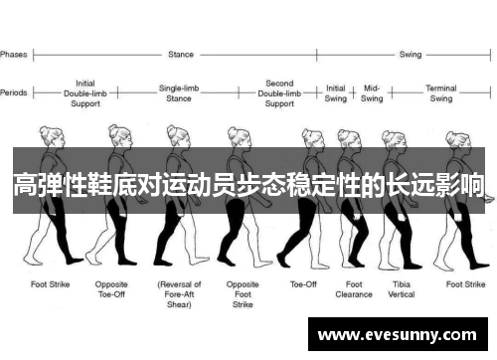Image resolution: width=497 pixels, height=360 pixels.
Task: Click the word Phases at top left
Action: tap(14, 54)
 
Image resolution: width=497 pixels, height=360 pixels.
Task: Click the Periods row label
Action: tap(14, 92)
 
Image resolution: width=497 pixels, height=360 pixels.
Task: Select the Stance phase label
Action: tap(182, 54)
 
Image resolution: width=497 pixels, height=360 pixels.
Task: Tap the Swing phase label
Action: tap(410, 54)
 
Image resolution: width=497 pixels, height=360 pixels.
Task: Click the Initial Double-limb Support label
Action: tap(86, 92)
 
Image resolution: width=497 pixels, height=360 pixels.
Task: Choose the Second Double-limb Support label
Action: tap(279, 92)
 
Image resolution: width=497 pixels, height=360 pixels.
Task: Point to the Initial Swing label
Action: tap(336, 92)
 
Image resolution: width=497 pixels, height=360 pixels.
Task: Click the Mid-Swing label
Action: tap(372, 92)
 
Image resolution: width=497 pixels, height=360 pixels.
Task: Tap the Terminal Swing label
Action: tap(440, 92)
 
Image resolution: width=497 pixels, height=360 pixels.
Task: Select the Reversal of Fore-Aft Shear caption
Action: tap(180, 293)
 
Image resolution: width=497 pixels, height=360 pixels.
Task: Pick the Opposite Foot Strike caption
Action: tap(243, 293)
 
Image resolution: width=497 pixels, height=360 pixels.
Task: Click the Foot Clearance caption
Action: tap(353, 288)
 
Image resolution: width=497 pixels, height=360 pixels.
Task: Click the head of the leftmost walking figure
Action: tap(46, 134)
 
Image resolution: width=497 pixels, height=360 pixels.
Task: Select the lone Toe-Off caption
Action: tap(303, 283)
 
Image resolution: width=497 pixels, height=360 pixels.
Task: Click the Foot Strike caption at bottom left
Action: tap(51, 283)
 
